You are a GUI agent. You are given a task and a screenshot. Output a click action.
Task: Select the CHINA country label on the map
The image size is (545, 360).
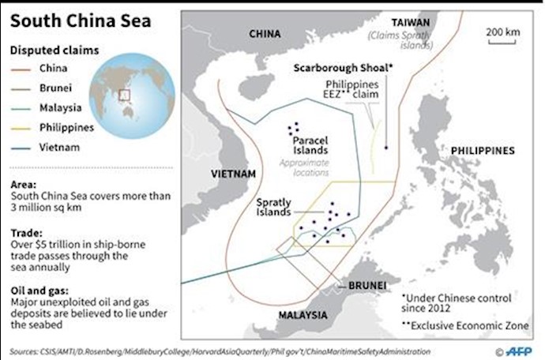tap(265, 34)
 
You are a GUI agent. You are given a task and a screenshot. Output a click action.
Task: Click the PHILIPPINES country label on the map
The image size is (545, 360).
tap(483, 150)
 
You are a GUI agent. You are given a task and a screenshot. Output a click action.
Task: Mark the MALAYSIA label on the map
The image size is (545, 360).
tap(303, 315)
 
